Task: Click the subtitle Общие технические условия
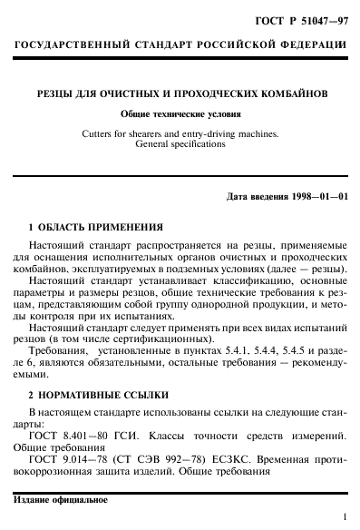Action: [x=180, y=113]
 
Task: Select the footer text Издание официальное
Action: [x=61, y=501]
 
